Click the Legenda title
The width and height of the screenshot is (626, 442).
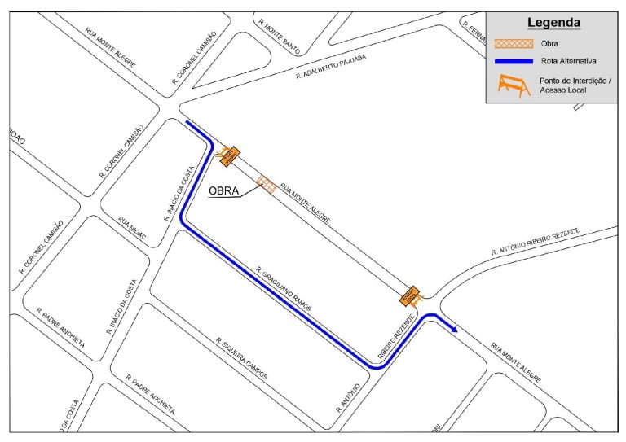click(x=553, y=22)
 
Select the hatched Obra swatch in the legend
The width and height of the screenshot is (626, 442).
click(x=514, y=42)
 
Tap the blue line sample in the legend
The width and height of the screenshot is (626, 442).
click(x=514, y=61)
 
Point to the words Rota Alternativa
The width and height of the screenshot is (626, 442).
click(x=568, y=61)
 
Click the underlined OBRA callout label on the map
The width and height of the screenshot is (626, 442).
click(x=224, y=192)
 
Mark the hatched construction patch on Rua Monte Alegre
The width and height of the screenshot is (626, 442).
click(x=266, y=185)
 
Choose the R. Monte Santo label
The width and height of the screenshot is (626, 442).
click(x=278, y=36)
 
